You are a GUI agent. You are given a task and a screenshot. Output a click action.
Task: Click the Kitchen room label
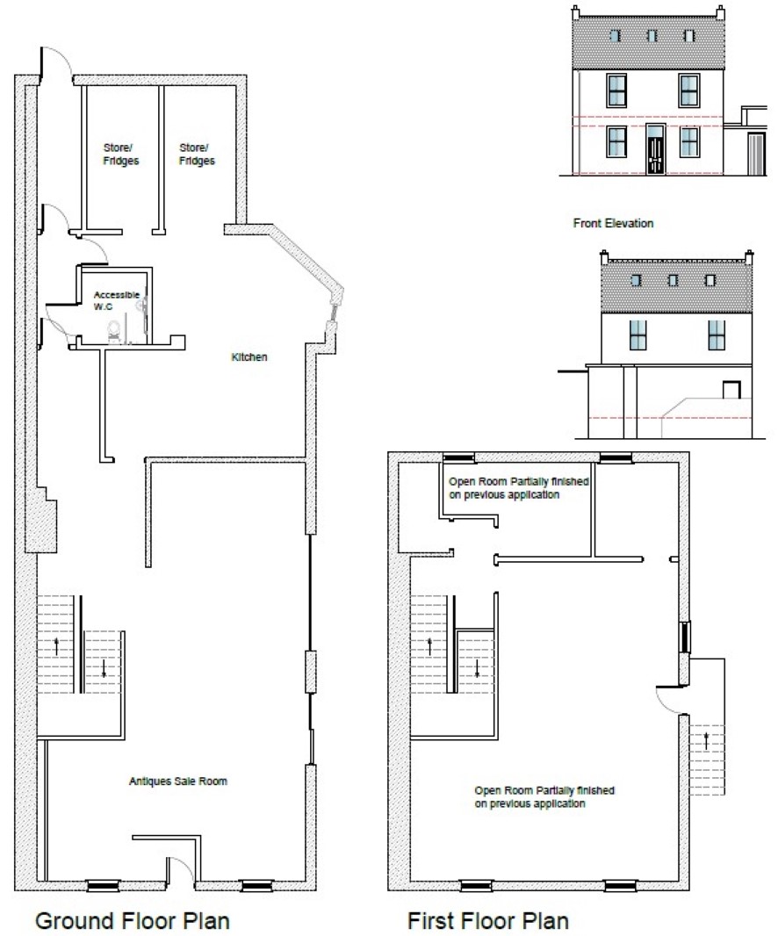pos(249,357)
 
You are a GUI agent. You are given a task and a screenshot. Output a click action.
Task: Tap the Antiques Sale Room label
pos(178,781)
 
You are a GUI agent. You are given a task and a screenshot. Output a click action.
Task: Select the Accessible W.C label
pos(117,300)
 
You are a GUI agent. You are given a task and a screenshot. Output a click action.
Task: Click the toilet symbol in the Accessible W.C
pos(113,331)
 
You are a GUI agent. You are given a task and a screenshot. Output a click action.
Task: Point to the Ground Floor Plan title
pos(133,920)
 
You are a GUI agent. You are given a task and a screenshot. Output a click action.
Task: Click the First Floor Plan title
pos(488,920)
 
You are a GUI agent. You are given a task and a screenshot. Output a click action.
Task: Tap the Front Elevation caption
pos(613,223)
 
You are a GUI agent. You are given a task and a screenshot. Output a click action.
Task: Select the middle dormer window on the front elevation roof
pos(652,36)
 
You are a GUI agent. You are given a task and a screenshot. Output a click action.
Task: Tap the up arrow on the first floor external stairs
pos(706,741)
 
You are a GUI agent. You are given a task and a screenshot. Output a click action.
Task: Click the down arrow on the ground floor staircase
pos(104,668)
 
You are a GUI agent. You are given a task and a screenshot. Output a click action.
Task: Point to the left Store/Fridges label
pos(120,154)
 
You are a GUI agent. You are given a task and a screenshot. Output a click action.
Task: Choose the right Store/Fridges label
pos(197,154)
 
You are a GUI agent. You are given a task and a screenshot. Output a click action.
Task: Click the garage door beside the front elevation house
pos(756,154)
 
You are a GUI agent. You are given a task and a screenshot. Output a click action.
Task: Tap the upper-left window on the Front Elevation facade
pos(616,90)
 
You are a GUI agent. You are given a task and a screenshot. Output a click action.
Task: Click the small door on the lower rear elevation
pos(731,390)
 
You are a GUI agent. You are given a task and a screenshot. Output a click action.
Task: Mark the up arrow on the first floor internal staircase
pos(429,647)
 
